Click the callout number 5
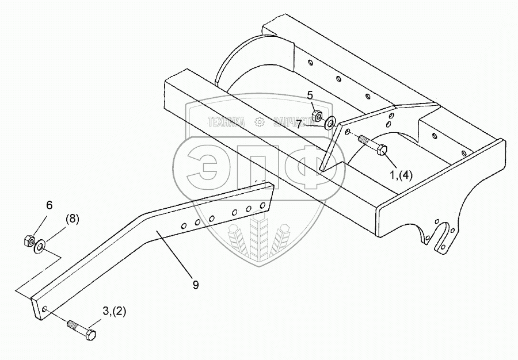(x=309, y=95)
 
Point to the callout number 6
(x=49, y=204)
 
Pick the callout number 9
(x=196, y=285)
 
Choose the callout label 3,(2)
(x=115, y=312)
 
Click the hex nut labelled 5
(x=317, y=116)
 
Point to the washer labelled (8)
(x=40, y=247)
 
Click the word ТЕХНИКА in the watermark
(x=226, y=122)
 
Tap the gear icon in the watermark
(x=259, y=122)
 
